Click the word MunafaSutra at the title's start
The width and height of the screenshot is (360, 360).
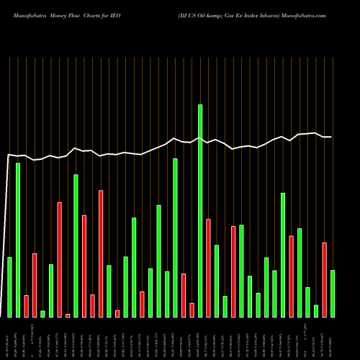pos(25,14)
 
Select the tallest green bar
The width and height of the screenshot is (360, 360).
pos(200,210)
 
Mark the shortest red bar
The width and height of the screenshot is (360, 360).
pos(68,315)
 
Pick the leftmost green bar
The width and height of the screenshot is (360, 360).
pos(9,287)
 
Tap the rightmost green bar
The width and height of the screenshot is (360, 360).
pos(333,293)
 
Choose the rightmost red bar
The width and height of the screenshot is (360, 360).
pos(324,279)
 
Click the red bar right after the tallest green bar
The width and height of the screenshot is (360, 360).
pos(208,268)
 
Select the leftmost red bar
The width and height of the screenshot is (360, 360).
pos(26,306)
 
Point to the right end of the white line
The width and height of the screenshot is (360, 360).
pos(331,137)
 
